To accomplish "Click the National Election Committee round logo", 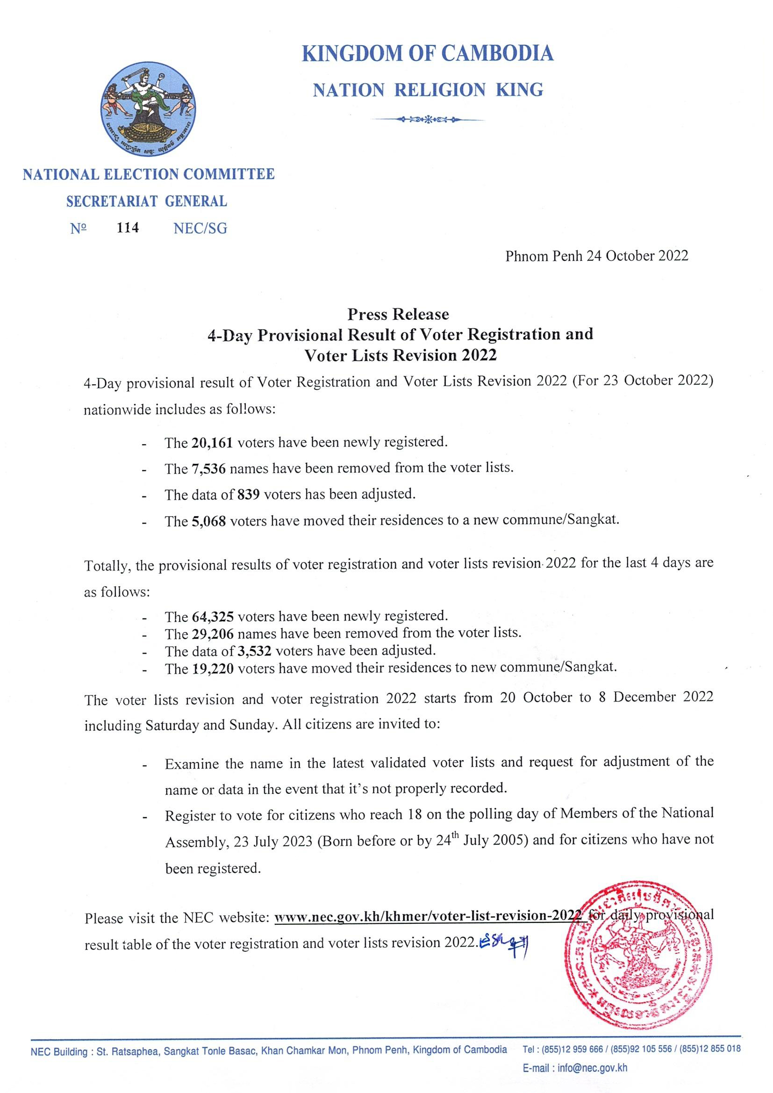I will (148, 108).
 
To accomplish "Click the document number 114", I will (128, 228).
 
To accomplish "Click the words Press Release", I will (398, 314).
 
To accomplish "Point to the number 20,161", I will (212, 443).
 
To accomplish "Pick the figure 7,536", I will (208, 469).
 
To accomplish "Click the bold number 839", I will (248, 495).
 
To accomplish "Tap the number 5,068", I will (208, 521).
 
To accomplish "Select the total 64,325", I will (212, 617).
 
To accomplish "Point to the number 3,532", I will (254, 651).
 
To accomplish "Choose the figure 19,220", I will (212, 669).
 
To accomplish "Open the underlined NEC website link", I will (429, 916).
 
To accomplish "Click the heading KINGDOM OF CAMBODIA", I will (428, 53).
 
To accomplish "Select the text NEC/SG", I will (200, 229).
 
